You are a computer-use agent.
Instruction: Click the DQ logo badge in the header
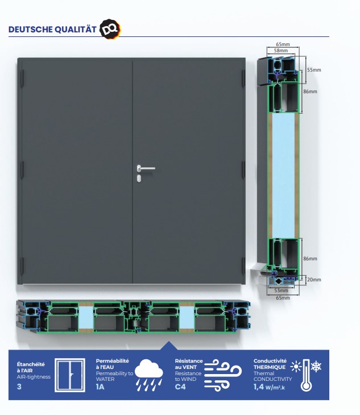tap(109, 29)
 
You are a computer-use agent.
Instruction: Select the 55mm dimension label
tap(314, 70)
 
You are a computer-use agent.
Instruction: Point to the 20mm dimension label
tap(314, 279)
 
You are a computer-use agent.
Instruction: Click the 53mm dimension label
tap(280, 290)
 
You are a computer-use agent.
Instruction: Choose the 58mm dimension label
tap(281, 51)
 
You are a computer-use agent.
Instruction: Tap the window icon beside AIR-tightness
tap(70, 375)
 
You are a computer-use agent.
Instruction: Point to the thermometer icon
tap(306, 375)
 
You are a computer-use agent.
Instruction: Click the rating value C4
tap(180, 387)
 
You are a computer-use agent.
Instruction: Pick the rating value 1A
tap(100, 387)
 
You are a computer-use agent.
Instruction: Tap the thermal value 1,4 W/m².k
tap(270, 387)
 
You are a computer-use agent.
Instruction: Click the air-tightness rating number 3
tap(19, 387)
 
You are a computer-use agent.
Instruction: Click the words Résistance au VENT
tap(188, 364)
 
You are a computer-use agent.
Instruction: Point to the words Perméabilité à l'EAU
tap(112, 364)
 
